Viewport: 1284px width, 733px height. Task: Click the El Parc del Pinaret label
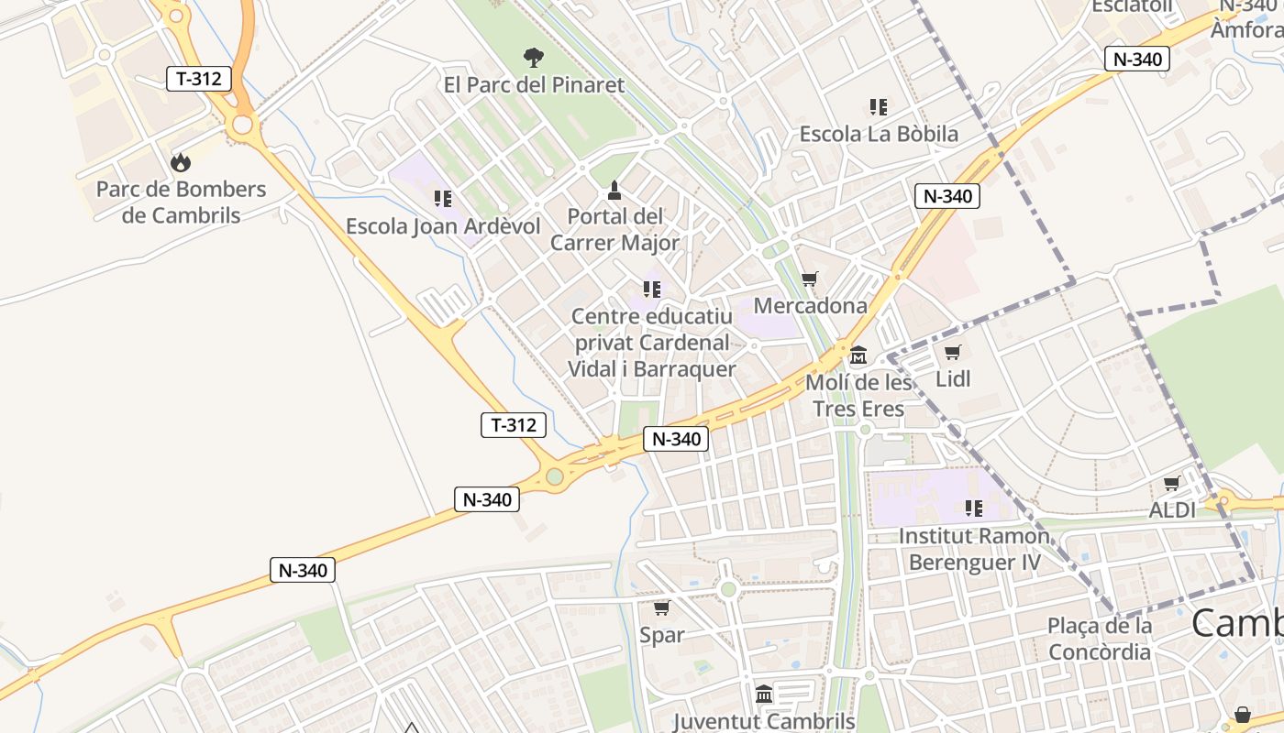tap(534, 85)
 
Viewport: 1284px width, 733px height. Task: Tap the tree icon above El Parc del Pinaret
tap(533, 58)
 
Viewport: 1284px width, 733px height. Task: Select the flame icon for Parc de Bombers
tap(181, 162)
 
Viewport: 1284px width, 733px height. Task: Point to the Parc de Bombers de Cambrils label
tap(181, 202)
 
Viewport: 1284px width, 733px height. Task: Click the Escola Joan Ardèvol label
tap(443, 225)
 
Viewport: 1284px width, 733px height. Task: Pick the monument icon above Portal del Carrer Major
tap(614, 191)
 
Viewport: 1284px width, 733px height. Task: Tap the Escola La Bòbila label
tap(879, 134)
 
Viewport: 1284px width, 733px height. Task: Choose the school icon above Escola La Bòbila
tap(879, 107)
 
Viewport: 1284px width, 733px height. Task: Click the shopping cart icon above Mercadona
tap(809, 279)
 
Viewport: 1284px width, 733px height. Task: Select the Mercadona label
tap(810, 305)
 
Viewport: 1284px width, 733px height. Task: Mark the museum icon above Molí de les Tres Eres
tap(858, 355)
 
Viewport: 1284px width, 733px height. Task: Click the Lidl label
tap(953, 378)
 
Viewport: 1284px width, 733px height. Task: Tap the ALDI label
tap(1172, 509)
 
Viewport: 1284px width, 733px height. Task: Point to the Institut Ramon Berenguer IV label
tap(974, 548)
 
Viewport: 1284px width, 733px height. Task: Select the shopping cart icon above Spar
tap(661, 607)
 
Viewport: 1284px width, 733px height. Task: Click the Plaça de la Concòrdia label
tap(1100, 639)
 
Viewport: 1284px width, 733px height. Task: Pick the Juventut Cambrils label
tap(764, 721)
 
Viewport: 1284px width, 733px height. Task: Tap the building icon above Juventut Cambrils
tap(764, 694)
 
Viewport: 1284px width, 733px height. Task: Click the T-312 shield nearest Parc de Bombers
tap(198, 79)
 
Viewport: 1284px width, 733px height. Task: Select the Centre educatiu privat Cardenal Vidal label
tap(652, 343)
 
